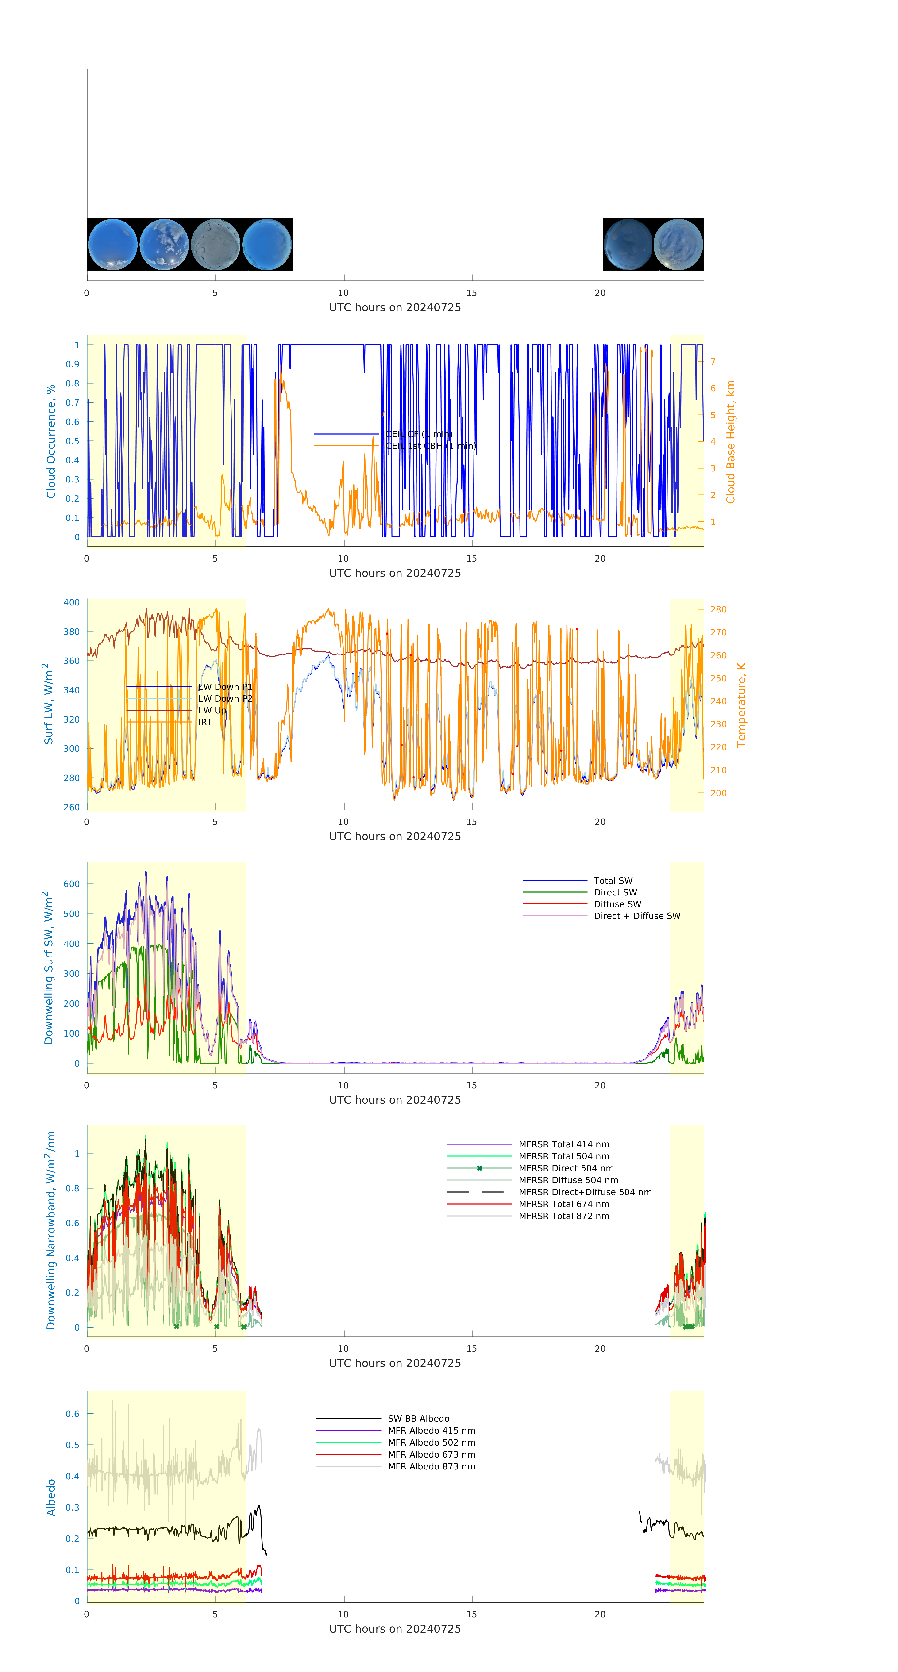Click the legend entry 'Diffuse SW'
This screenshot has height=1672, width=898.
[x=617, y=904]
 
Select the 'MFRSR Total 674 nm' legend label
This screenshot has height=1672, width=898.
[x=564, y=1204]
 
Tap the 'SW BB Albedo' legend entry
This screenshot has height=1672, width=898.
[x=418, y=1419]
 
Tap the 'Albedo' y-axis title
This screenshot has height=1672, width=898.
[x=51, y=1497]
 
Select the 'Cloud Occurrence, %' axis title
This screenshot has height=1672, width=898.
[x=51, y=441]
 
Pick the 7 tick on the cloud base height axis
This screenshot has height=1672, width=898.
[x=713, y=362]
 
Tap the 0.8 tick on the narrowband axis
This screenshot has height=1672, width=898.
[x=73, y=1188]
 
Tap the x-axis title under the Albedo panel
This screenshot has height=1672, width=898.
[x=395, y=1629]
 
